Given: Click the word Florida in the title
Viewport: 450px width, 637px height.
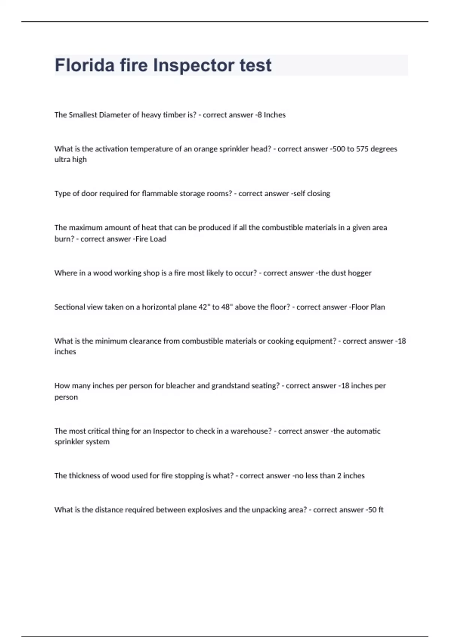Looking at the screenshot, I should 85,65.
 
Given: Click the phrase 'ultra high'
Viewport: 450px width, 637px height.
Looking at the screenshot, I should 70,160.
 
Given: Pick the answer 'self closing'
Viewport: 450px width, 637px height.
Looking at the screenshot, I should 312,194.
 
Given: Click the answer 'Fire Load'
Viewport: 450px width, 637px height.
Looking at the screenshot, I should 151,239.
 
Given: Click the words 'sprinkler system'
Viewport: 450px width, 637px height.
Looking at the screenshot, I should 82,442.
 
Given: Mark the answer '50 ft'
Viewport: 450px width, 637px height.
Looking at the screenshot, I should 376,510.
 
